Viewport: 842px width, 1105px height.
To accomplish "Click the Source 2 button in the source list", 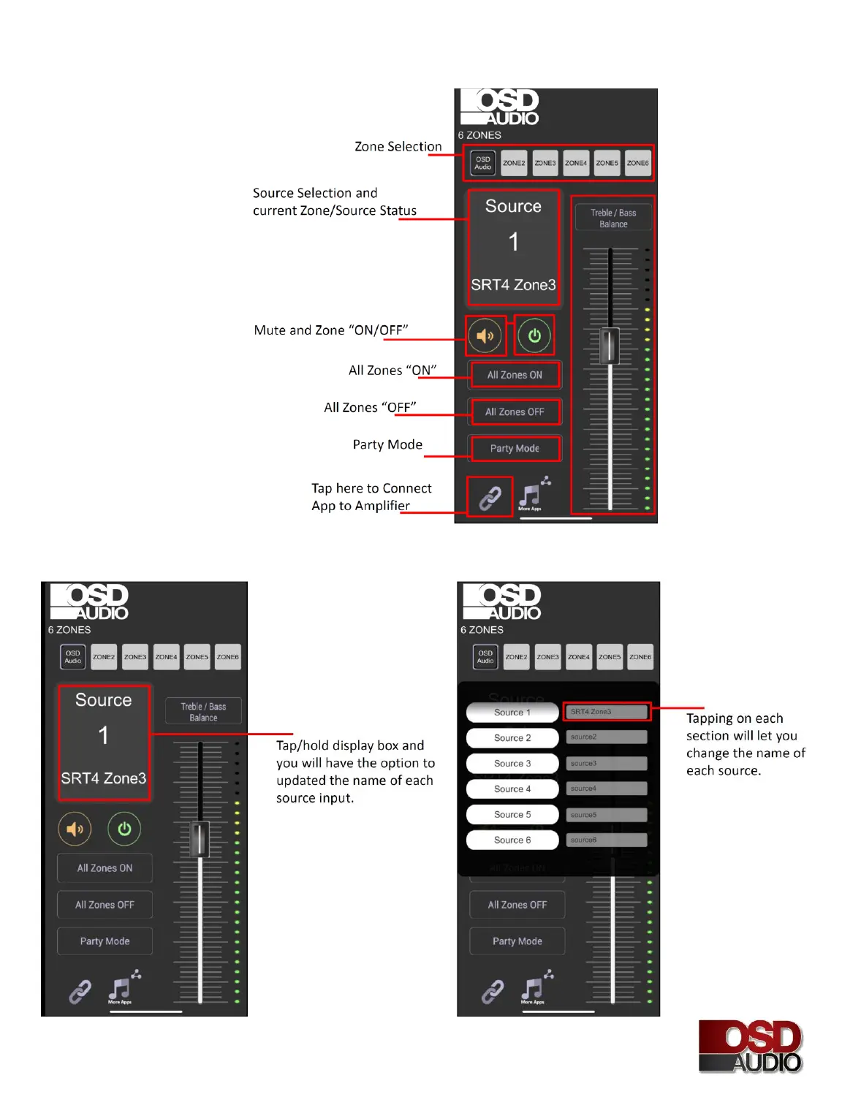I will pyautogui.click(x=512, y=738).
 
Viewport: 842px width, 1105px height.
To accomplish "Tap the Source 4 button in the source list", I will pyautogui.click(x=512, y=789).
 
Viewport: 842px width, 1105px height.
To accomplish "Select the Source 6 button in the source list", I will pyautogui.click(x=512, y=840).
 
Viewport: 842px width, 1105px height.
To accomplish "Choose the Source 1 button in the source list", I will pyautogui.click(x=512, y=713).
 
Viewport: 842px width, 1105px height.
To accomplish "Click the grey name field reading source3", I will pyautogui.click(x=607, y=763).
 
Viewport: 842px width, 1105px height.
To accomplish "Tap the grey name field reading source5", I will pyautogui.click(x=607, y=815).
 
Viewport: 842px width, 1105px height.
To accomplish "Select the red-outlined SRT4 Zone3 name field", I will pyautogui.click(x=607, y=712).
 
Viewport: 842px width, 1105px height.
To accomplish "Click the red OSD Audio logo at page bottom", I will pyautogui.click(x=750, y=1047).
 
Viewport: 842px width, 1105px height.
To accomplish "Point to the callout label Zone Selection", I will pyautogui.click(x=398, y=147).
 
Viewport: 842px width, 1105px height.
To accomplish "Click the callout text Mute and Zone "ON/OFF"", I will pyautogui.click(x=331, y=330).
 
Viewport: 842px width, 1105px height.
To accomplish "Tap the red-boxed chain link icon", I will pyautogui.click(x=490, y=498).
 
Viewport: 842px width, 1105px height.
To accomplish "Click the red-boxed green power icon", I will pyautogui.click(x=534, y=335).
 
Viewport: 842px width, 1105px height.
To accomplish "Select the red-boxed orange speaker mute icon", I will pyautogui.click(x=485, y=336).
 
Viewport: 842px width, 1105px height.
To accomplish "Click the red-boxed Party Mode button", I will pyautogui.click(x=515, y=449).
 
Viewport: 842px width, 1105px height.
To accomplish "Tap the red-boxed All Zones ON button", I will pyautogui.click(x=515, y=375).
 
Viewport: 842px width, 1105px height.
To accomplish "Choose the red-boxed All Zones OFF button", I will pyautogui.click(x=515, y=412).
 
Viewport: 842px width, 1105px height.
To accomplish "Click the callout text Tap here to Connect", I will pyautogui.click(x=371, y=488).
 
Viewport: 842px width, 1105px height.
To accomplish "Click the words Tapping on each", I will pyautogui.click(x=735, y=718).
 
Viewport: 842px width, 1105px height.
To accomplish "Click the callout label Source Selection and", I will pyautogui.click(x=315, y=193).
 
